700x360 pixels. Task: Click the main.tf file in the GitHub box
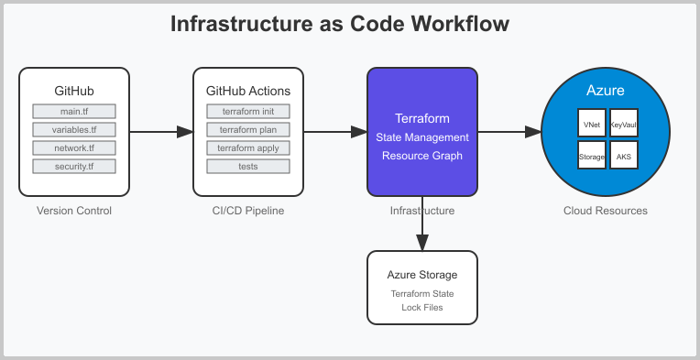(74, 112)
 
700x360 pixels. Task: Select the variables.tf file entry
(74, 130)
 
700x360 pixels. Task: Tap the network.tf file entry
(74, 148)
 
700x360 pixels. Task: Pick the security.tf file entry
(74, 167)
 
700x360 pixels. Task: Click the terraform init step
(248, 112)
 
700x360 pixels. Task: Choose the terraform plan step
(248, 130)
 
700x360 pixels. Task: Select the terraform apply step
(248, 148)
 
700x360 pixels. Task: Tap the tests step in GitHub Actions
(248, 167)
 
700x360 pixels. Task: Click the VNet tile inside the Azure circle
(592, 124)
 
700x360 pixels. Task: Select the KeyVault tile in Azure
(623, 124)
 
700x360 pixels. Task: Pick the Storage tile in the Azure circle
(592, 157)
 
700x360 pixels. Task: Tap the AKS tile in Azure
(623, 157)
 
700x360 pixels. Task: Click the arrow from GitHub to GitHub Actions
(160, 132)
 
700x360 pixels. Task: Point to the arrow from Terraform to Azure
(509, 132)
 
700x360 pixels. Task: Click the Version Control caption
(74, 212)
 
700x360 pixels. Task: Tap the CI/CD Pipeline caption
(248, 212)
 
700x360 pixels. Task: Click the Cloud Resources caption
(606, 212)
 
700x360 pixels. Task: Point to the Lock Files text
(422, 307)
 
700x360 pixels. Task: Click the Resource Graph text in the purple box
(422, 156)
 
